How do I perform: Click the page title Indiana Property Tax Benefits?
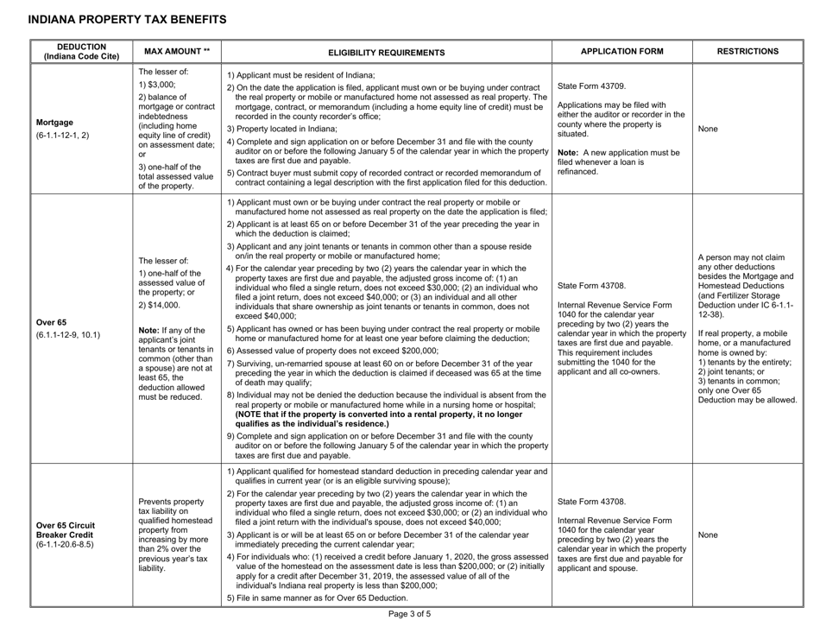coord(117,18)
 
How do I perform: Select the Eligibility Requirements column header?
coord(387,51)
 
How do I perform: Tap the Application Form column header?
coord(621,51)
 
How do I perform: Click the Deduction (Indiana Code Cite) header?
coord(77,51)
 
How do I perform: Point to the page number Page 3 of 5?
coord(409,617)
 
